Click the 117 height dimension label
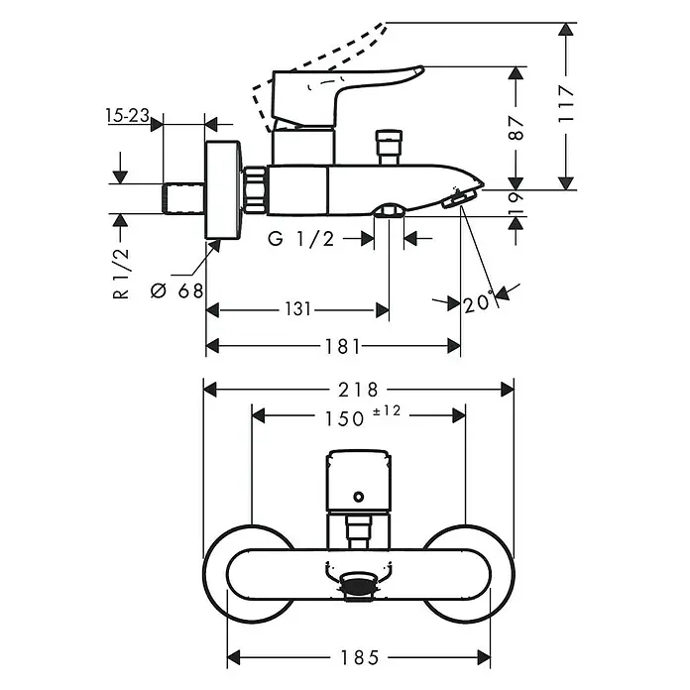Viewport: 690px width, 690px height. click(x=566, y=104)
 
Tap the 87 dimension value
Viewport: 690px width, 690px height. click(x=517, y=128)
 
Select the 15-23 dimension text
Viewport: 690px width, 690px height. click(x=127, y=116)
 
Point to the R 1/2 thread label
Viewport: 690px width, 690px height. click(x=121, y=274)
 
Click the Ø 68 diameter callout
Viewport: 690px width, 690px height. click(x=177, y=290)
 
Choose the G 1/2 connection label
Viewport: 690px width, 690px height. click(x=301, y=239)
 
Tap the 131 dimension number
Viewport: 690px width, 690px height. click(x=298, y=309)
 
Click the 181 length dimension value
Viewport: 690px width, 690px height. click(x=343, y=347)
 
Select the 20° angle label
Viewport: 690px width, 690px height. click(x=477, y=302)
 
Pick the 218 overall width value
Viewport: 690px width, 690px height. click(x=358, y=390)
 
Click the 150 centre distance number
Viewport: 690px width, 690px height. click(x=345, y=419)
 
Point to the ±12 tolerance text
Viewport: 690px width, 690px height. click(x=387, y=411)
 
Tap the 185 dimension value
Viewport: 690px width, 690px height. click(x=360, y=658)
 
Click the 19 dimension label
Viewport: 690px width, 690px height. click(x=517, y=203)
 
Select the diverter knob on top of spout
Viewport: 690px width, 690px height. click(x=389, y=147)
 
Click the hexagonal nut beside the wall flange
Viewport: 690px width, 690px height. click(x=255, y=190)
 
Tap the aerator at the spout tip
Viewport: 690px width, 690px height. click(x=460, y=200)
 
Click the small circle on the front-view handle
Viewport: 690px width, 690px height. click(x=359, y=498)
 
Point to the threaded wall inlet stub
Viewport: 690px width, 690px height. click(x=184, y=198)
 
